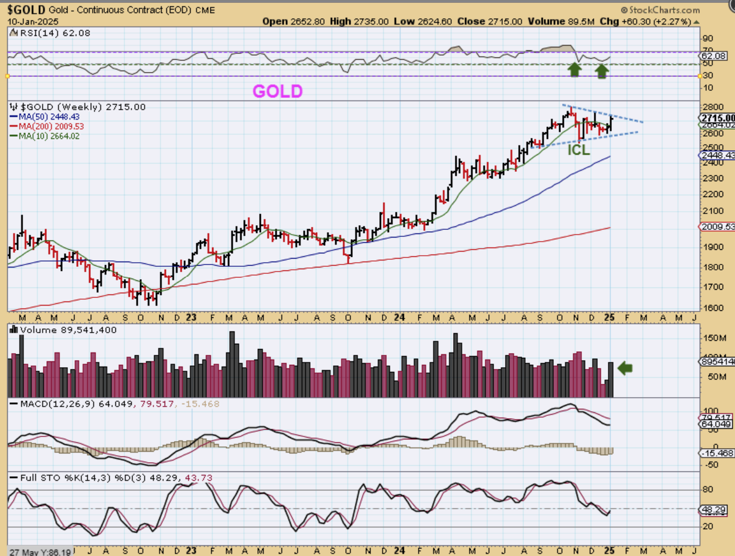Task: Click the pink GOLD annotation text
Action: pyautogui.click(x=278, y=91)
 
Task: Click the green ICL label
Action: pyautogui.click(x=578, y=150)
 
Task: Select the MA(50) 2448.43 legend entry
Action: pyautogui.click(x=49, y=117)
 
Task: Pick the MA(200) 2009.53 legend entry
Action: pyautogui.click(x=52, y=126)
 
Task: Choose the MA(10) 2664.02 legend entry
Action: pyautogui.click(x=49, y=136)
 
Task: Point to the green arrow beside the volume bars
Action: pyautogui.click(x=625, y=368)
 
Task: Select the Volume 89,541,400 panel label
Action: pyautogui.click(x=67, y=330)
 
